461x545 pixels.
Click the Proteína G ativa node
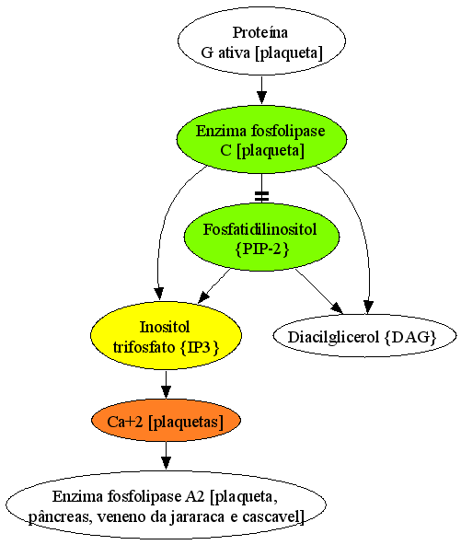pos(261,41)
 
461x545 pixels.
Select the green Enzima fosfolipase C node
pos(261,139)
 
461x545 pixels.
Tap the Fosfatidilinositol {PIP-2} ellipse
pos(261,238)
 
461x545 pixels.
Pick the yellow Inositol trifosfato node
pos(166,335)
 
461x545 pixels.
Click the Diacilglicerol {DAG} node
pos(364,336)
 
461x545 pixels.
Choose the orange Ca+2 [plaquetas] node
pos(166,420)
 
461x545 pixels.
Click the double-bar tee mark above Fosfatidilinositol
pos(261,196)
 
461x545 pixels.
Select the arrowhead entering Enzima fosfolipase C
pos(261,98)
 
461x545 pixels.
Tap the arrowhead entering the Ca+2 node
pos(166,392)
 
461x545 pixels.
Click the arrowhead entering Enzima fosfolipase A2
pos(166,464)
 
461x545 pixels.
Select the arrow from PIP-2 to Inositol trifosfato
pos(214,285)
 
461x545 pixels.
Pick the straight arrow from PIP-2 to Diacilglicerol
pos(318,291)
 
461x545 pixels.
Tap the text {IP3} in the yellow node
pos(200,347)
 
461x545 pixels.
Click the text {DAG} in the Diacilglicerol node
pos(410,337)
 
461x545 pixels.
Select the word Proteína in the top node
pos(260,32)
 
